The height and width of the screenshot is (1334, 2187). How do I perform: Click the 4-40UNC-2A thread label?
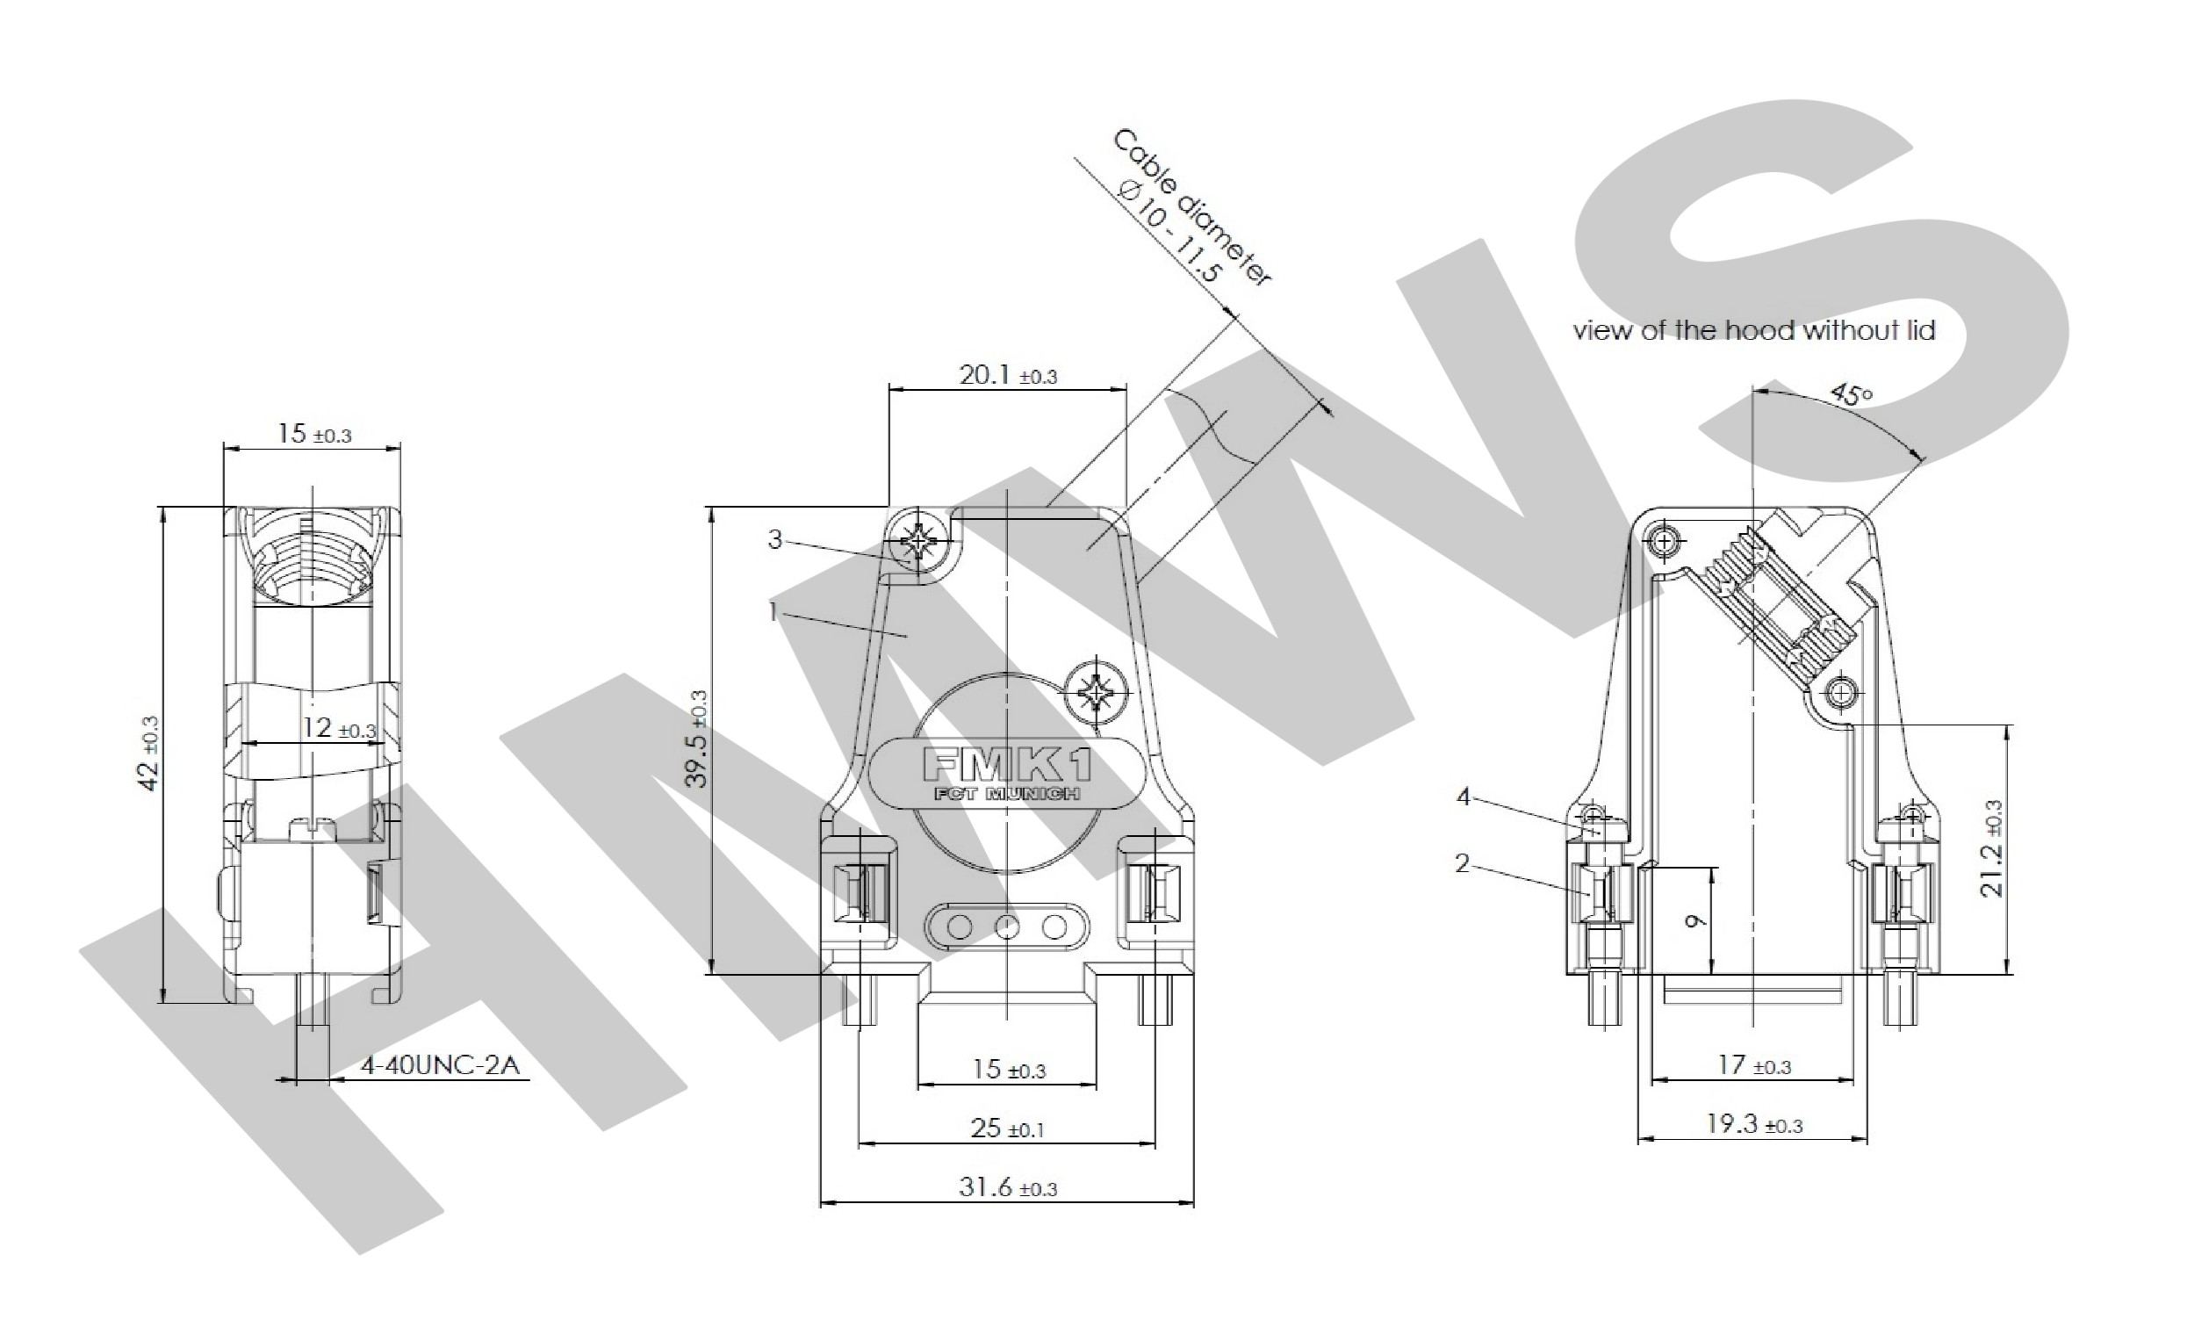[439, 1064]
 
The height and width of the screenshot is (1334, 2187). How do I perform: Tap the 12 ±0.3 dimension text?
[339, 728]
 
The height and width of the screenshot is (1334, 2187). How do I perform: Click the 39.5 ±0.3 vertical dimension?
[699, 739]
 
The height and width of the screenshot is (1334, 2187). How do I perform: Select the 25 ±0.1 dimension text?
[1007, 1128]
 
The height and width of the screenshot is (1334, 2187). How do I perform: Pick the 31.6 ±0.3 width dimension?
[1008, 1186]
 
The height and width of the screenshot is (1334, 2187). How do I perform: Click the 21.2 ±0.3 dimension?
[1992, 848]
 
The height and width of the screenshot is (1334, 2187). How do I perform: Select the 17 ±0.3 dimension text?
[1754, 1064]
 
